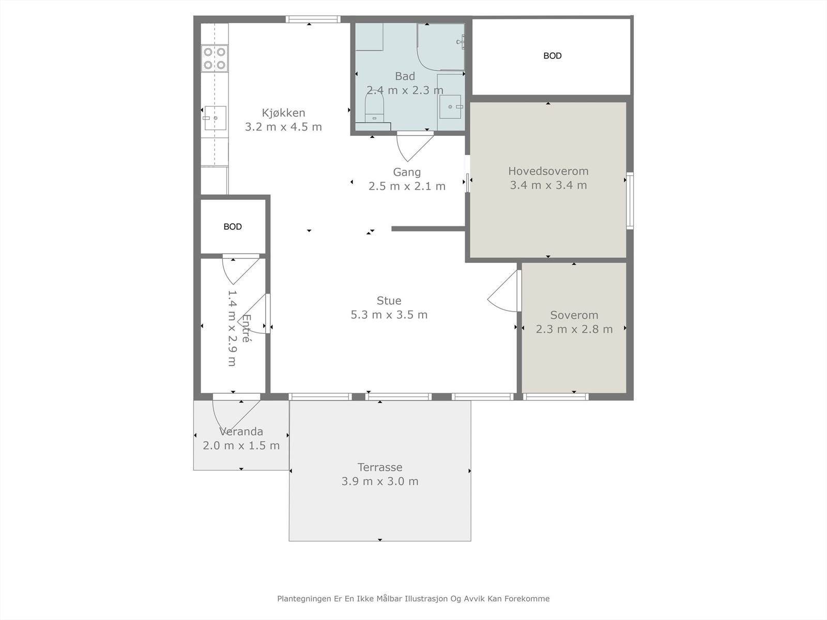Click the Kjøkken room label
pyautogui.click(x=283, y=113)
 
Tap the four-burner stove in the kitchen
pyautogui.click(x=215, y=58)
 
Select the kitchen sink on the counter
pyautogui.click(x=215, y=118)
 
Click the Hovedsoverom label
pyautogui.click(x=548, y=172)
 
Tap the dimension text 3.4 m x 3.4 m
pyautogui.click(x=548, y=185)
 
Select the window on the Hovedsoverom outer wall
pyautogui.click(x=630, y=200)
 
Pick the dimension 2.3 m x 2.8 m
pyautogui.click(x=574, y=330)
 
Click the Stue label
pyautogui.click(x=389, y=301)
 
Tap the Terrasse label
pyautogui.click(x=380, y=467)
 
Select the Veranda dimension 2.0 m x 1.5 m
pyautogui.click(x=241, y=446)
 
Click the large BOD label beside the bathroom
pyautogui.click(x=553, y=56)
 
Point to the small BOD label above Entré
pyautogui.click(x=233, y=227)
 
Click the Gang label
pyautogui.click(x=407, y=172)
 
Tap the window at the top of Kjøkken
pyautogui.click(x=313, y=19)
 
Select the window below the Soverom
pyautogui.click(x=555, y=397)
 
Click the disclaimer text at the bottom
pyautogui.click(x=413, y=598)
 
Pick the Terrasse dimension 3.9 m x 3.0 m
pyautogui.click(x=380, y=482)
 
